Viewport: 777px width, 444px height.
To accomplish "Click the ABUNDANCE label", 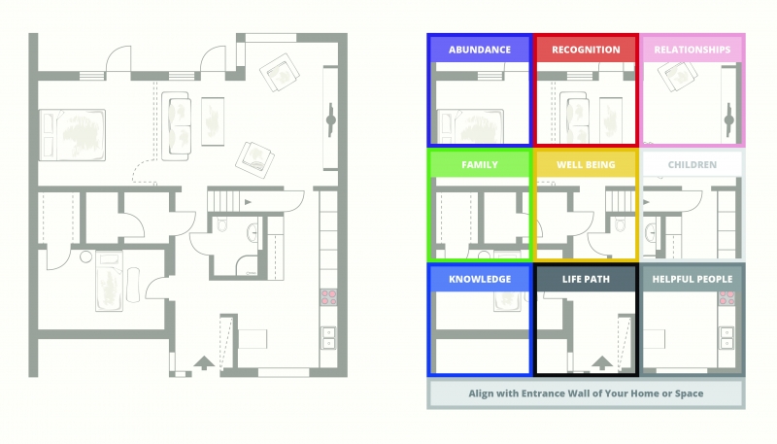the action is (480, 50).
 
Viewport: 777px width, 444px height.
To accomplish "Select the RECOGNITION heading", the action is (586, 50).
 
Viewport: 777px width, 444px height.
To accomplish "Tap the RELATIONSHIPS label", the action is (693, 50).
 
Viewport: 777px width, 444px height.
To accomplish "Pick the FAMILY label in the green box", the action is (480, 164).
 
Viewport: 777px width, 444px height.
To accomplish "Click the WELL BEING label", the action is (586, 164).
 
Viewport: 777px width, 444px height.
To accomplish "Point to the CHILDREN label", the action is (693, 164).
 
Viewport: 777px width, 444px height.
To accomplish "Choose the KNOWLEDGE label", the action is (480, 279).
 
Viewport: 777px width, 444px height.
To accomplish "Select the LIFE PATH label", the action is (586, 279).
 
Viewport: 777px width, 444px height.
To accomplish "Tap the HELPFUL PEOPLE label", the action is (693, 279).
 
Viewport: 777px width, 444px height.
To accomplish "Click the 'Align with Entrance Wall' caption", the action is (586, 393).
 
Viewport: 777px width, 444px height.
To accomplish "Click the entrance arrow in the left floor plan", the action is (204, 362).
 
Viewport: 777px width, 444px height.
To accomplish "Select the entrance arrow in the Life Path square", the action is (602, 362).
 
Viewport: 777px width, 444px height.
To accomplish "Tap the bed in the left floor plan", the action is (72, 135).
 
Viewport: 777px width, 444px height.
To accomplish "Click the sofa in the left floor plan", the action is (176, 126).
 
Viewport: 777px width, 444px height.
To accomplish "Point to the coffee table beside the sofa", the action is (213, 121).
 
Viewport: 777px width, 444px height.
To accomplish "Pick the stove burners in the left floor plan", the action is (328, 297).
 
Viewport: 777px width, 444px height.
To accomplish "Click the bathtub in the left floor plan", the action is (109, 281).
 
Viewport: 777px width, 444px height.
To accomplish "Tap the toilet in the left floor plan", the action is (221, 225).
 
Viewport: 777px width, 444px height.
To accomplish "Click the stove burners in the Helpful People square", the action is (726, 298).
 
